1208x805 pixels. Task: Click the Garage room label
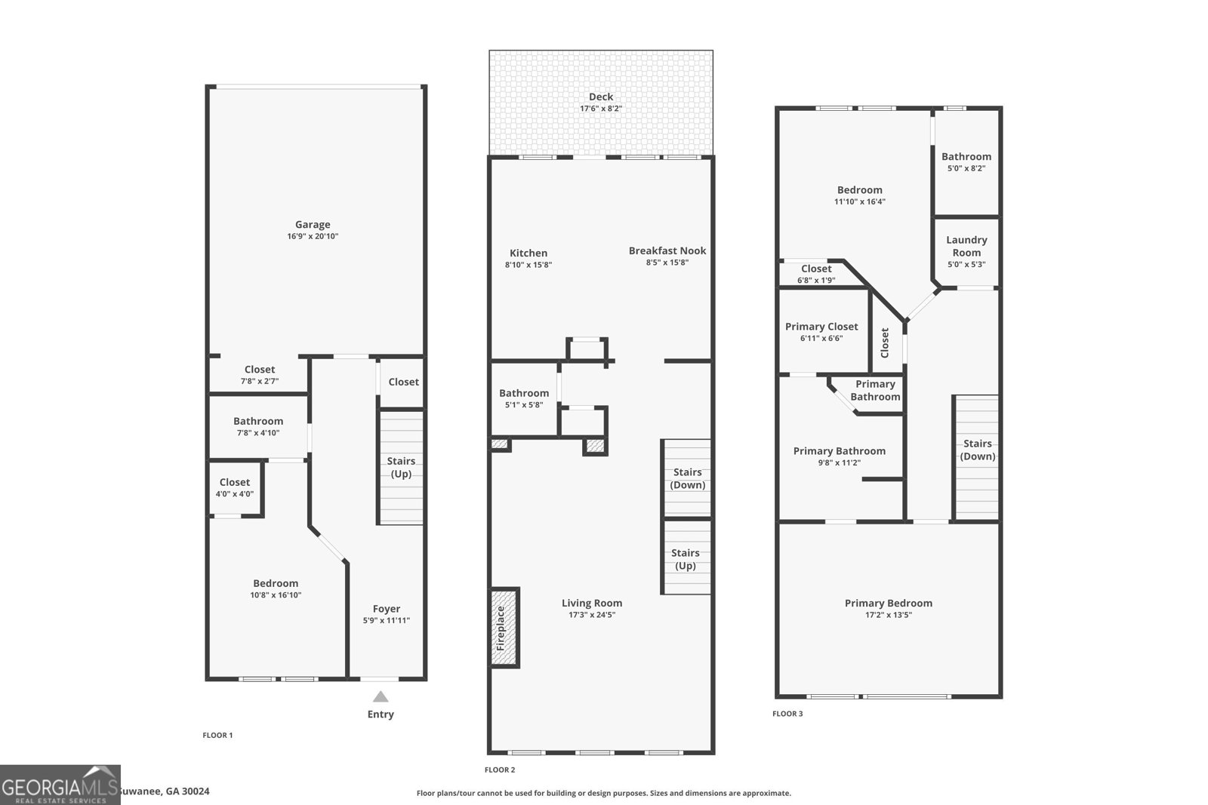coord(313,225)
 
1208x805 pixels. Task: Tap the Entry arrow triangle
coord(381,697)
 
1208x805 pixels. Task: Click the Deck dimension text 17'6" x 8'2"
coord(600,109)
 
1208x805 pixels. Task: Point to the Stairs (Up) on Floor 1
coord(401,467)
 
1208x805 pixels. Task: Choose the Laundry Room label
coord(966,246)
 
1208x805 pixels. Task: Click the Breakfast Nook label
coord(667,250)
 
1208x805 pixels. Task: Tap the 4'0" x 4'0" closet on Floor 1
coord(235,487)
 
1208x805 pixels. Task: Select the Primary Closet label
coord(821,327)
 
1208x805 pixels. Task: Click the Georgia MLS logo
coord(60,785)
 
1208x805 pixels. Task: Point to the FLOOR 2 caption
coord(499,770)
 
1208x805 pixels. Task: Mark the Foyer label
coord(387,609)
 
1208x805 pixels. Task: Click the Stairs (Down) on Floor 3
coord(977,450)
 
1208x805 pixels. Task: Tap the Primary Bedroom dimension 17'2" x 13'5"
coord(888,615)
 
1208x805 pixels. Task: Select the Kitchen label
coord(528,253)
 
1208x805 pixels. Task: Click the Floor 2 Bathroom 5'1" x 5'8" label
coord(523,394)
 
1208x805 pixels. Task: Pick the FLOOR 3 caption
coord(787,713)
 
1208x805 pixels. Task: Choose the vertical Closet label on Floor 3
coord(885,343)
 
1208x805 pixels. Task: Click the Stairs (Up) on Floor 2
coord(686,559)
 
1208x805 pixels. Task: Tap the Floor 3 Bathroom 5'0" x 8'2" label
coord(966,157)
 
